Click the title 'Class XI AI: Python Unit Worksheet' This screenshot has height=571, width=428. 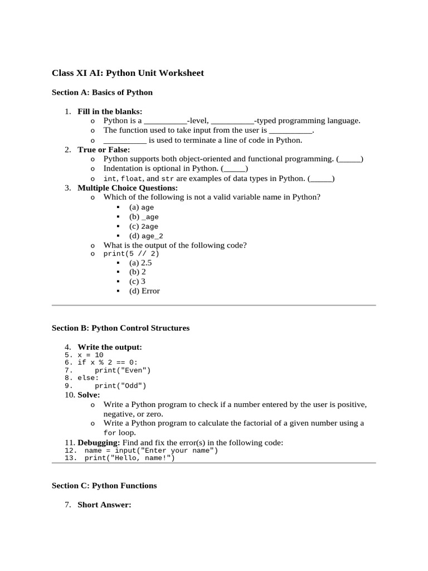(x=128, y=73)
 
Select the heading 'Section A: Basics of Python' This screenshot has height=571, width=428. (x=102, y=93)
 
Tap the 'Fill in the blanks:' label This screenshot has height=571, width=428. (x=110, y=112)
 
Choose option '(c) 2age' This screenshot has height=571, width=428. (x=144, y=226)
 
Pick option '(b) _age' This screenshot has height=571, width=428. (x=144, y=217)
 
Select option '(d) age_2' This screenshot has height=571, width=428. (x=146, y=236)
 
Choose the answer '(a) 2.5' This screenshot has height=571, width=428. (x=140, y=263)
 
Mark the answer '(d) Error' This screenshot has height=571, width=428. (x=144, y=291)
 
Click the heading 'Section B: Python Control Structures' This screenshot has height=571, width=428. (x=120, y=328)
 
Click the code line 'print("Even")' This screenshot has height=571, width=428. (x=123, y=370)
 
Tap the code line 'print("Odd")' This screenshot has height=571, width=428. (x=120, y=385)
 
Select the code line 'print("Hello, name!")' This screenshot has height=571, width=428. (x=129, y=458)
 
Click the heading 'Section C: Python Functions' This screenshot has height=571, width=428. (x=104, y=486)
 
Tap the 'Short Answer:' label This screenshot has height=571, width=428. (x=104, y=505)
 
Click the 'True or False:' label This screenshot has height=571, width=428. (x=104, y=149)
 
